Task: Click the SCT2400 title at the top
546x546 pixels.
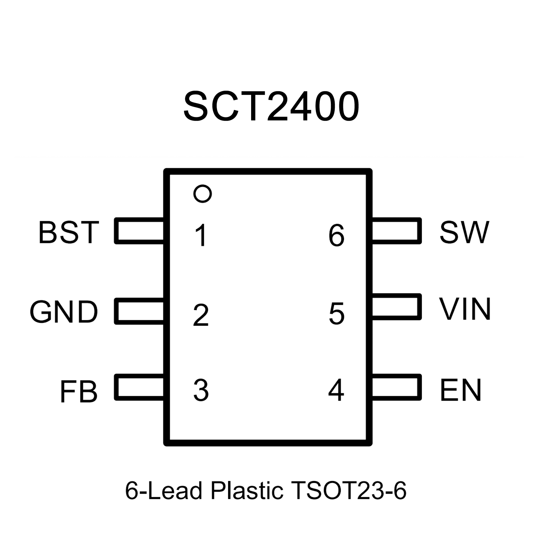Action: click(271, 106)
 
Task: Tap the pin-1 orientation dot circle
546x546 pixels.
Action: click(203, 194)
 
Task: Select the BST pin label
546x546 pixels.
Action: click(69, 233)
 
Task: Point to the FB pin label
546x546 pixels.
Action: click(79, 392)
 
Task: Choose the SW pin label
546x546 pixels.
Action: click(465, 232)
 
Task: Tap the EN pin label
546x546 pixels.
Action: click(461, 390)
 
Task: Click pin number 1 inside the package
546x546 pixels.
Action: click(201, 235)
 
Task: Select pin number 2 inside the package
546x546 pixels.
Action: click(201, 315)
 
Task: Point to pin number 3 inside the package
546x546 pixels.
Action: click(201, 390)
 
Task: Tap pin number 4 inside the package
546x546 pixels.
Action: click(336, 390)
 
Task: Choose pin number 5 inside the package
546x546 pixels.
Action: click(336, 314)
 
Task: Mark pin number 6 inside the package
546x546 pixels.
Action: click(336, 235)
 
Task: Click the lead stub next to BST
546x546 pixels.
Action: click(139, 231)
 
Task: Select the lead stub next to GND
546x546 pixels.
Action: click(139, 311)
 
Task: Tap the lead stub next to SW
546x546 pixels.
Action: click(396, 231)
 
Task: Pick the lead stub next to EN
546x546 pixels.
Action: click(396, 387)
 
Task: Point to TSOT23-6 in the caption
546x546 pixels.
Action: click(348, 491)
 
